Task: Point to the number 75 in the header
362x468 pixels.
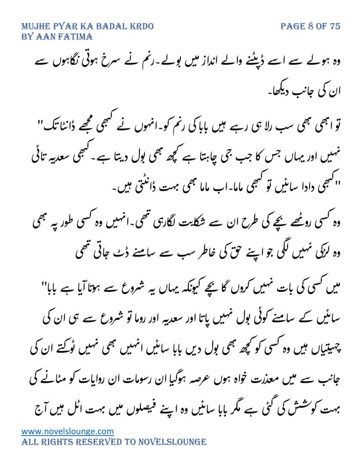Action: [x=335, y=26]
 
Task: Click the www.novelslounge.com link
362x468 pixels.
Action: [x=68, y=431]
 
